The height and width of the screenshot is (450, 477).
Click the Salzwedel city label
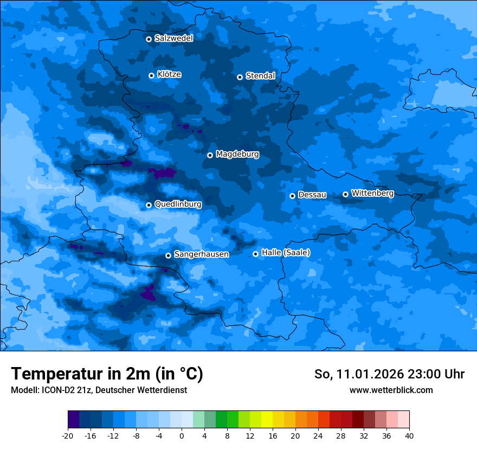173,38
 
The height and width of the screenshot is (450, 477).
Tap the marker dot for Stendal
240,77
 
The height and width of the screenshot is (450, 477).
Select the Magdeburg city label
237,155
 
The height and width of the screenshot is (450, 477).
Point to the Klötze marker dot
151,75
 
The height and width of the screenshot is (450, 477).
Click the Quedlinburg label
178,204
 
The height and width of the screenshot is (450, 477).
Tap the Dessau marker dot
292,196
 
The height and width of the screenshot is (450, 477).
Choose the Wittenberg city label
372,194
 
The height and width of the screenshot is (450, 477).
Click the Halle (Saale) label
286,253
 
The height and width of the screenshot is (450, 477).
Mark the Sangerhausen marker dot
168,255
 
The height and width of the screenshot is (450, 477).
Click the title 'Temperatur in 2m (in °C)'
107,374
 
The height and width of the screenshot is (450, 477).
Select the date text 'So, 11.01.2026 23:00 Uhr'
389,374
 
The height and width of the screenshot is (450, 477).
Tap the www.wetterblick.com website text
391,390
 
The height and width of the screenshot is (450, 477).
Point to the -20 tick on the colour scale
68,435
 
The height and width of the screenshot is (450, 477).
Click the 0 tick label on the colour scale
182,435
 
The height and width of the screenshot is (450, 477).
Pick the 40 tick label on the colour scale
409,435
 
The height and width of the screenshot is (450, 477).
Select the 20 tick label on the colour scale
295,435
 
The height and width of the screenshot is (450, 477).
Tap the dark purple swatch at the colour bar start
74,420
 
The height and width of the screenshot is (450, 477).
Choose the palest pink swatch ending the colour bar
403,420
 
